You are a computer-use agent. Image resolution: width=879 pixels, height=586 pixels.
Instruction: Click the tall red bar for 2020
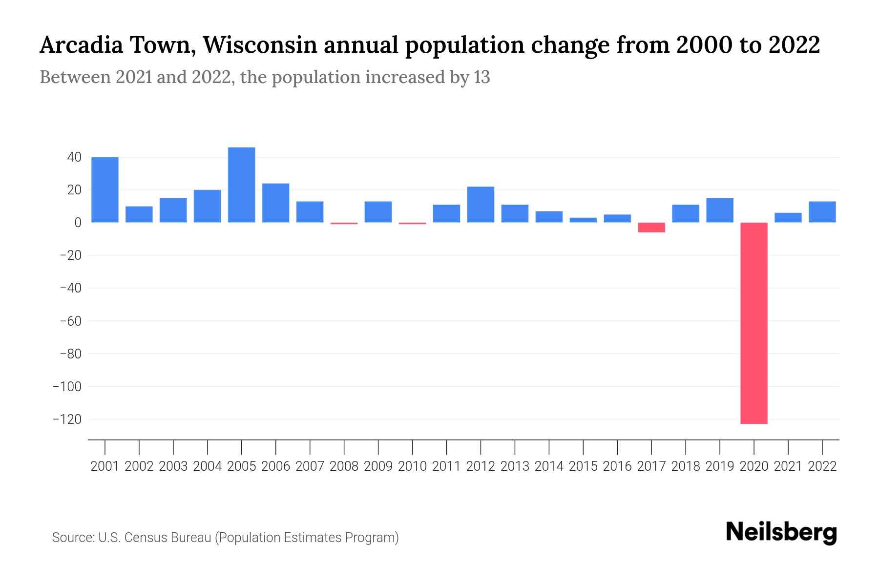754,323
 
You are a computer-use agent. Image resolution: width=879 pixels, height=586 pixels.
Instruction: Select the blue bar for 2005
242,185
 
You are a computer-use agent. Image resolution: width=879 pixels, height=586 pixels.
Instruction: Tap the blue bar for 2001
105,189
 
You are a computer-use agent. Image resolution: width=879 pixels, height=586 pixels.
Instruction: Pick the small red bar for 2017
651,227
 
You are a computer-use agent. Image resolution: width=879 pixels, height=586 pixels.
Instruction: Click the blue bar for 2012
481,204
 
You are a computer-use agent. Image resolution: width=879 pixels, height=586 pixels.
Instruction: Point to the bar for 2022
822,212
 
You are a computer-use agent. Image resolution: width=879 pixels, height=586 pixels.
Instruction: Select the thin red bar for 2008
344,223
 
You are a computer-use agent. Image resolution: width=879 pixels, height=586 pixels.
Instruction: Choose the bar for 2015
583,220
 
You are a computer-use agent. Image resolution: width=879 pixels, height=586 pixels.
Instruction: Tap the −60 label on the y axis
70,321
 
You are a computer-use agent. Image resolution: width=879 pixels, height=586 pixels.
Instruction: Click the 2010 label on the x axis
412,466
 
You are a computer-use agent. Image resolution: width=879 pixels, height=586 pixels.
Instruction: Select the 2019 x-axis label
720,466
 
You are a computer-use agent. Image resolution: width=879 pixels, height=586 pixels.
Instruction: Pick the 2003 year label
173,466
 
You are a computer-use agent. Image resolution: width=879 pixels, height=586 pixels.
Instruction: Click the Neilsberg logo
781,532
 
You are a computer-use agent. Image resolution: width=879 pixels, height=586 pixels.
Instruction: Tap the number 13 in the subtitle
481,78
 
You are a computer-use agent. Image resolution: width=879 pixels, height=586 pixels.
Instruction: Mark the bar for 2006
276,203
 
